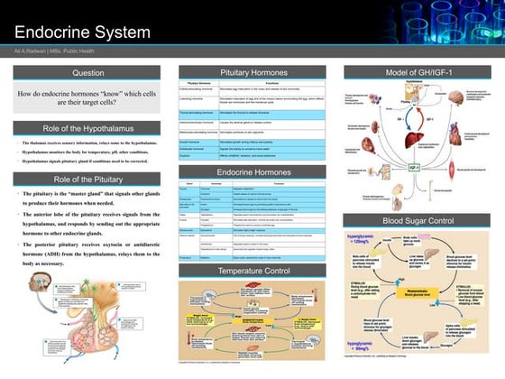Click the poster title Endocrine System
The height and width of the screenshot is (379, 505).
pos(85,32)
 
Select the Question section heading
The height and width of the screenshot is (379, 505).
pos(87,71)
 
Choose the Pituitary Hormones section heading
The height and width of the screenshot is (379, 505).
pos(251,71)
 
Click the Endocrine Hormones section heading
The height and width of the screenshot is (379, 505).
pos(251,170)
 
